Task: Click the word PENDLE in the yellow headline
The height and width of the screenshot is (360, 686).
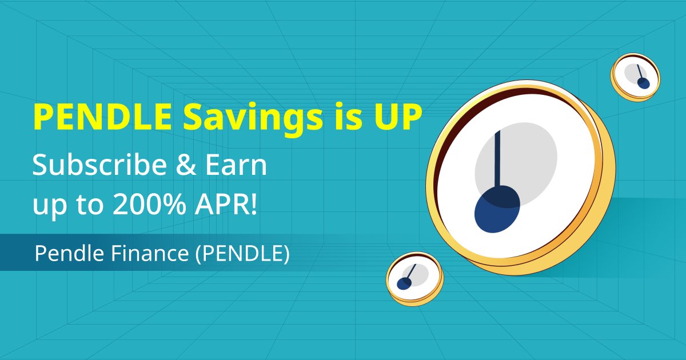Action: tap(102, 118)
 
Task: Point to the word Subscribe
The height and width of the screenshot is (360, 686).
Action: tap(99, 165)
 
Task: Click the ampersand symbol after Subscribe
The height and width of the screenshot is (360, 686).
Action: tap(186, 165)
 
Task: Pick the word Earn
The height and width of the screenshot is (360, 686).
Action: tap(236, 165)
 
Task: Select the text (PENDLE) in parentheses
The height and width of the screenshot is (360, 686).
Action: tap(242, 254)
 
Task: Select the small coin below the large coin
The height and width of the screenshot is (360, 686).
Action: tap(414, 279)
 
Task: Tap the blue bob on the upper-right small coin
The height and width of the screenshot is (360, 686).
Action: tap(644, 83)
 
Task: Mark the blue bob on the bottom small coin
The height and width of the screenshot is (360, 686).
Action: tap(404, 283)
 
